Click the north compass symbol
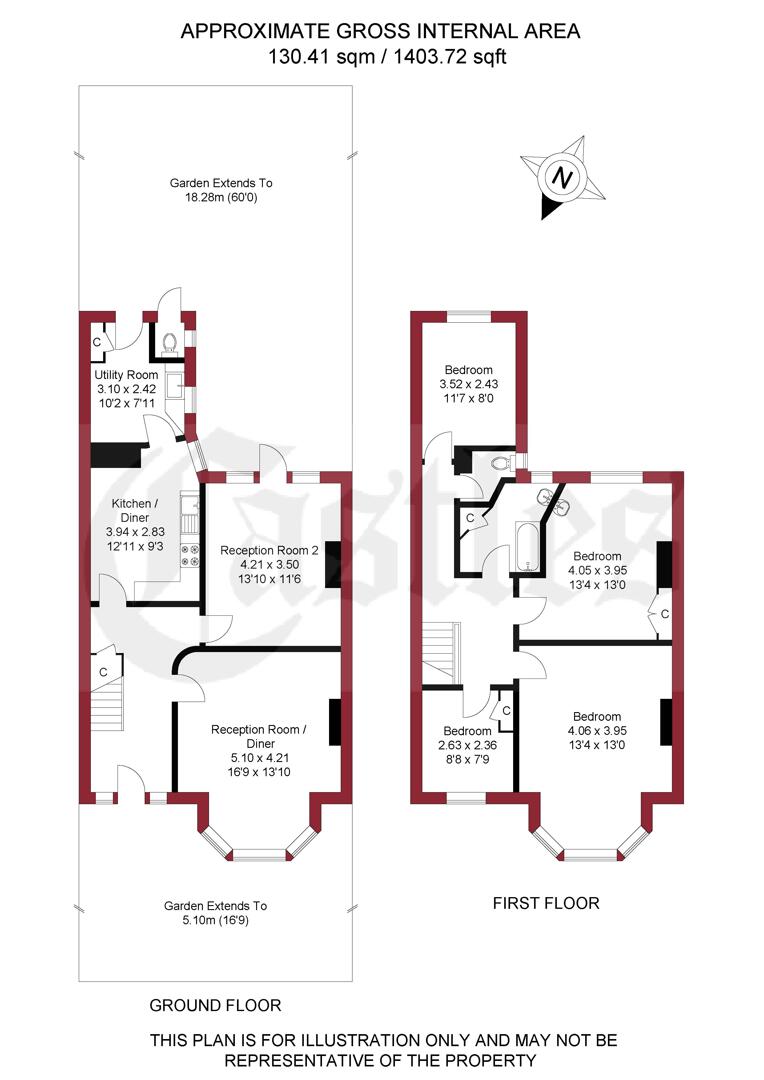tap(563, 179)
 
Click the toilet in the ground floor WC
tap(169, 344)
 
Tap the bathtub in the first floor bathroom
tap(527, 547)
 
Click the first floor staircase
tap(440, 650)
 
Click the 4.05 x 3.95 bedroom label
tap(597, 570)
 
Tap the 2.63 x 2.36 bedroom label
tap(468, 744)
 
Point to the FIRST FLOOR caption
tap(546, 903)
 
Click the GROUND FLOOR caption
tap(215, 1005)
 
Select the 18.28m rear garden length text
tap(220, 198)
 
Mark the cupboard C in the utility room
tap(98, 341)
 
